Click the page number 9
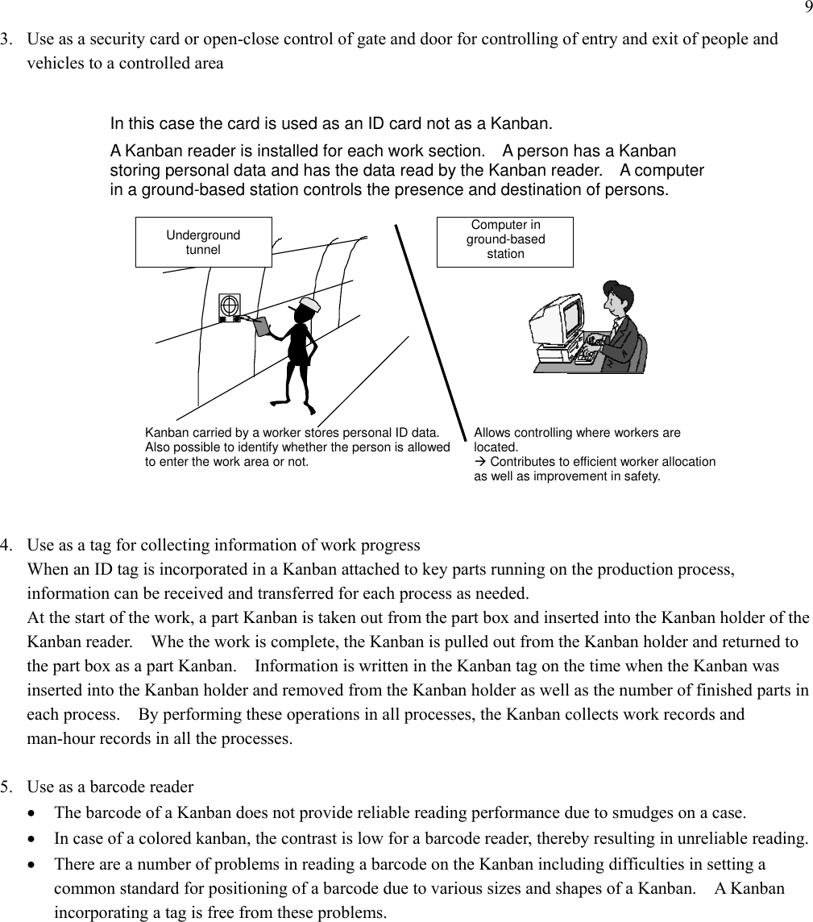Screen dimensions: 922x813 coord(807,8)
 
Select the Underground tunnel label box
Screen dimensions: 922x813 coord(203,242)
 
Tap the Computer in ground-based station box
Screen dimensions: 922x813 coord(505,242)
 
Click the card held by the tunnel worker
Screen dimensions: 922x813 coord(263,326)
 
